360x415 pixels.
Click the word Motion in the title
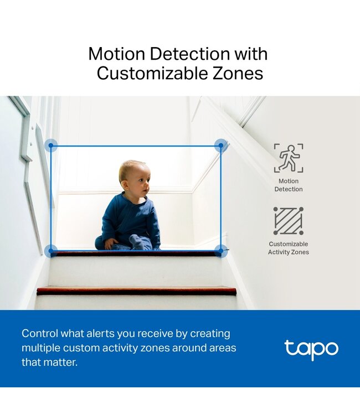[116, 54]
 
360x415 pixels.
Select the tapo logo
[311, 349]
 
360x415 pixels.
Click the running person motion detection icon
[288, 158]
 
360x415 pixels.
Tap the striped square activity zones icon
[288, 221]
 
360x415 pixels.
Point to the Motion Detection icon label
[289, 185]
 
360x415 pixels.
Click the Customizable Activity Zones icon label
[289, 248]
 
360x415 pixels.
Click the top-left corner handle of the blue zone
[51, 146]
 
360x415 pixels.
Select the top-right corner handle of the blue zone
[220, 146]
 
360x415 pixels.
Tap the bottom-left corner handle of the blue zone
[51, 251]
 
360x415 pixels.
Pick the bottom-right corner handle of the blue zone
[220, 251]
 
